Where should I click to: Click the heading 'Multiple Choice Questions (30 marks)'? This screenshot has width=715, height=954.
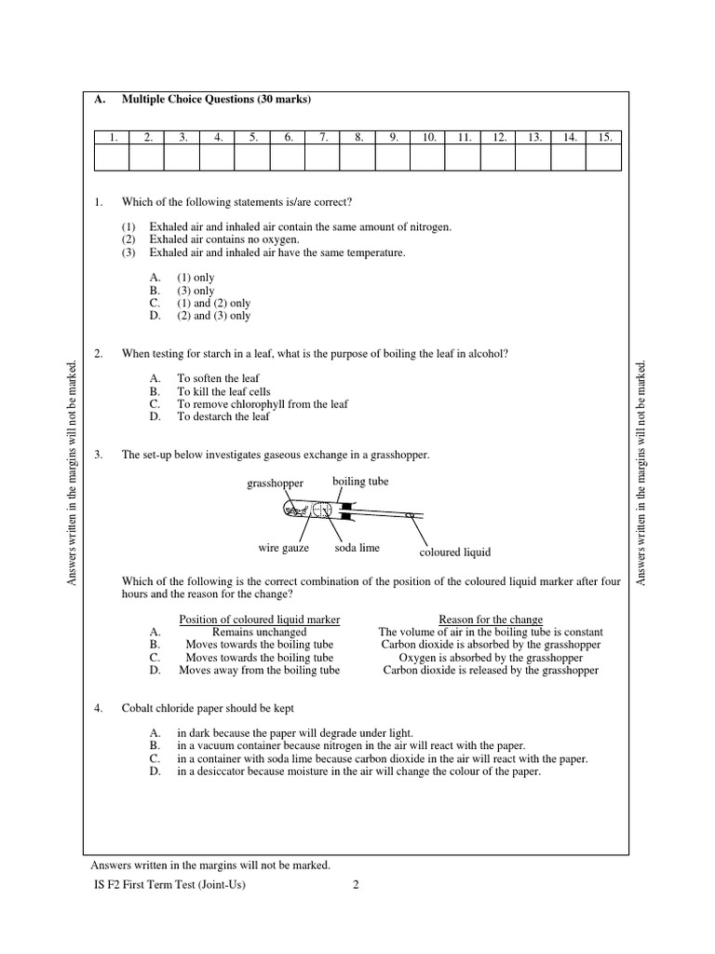click(216, 100)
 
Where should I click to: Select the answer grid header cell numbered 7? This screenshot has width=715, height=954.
click(322, 137)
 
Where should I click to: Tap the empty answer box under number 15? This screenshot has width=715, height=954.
click(604, 158)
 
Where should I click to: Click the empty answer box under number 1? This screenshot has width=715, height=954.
click(112, 158)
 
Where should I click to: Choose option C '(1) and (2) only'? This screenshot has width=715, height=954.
click(213, 303)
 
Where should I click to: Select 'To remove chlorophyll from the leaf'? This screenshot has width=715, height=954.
click(263, 404)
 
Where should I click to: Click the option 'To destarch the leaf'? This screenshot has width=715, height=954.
click(223, 416)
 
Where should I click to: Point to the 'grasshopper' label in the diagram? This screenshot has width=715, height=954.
click(275, 483)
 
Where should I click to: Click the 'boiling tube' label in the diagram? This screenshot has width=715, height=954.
click(360, 482)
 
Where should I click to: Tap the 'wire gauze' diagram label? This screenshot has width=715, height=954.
click(284, 549)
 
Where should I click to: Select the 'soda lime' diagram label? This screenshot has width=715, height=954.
click(357, 549)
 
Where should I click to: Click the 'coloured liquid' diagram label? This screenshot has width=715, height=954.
click(454, 552)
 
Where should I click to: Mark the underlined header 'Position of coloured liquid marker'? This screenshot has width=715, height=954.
click(259, 620)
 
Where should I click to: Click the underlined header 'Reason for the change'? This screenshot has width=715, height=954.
click(490, 620)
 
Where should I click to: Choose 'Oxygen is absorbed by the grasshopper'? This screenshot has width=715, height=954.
click(491, 657)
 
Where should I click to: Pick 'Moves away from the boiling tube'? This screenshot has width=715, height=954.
click(259, 670)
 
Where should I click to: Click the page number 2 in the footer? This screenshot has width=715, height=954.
click(356, 885)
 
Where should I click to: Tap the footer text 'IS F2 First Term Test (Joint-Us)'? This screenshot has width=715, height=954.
click(163, 885)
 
